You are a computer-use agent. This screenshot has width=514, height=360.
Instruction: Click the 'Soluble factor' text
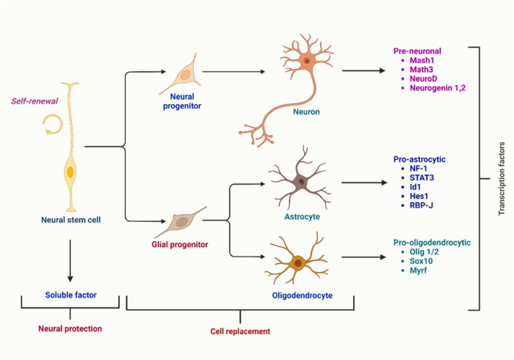click(x=70, y=294)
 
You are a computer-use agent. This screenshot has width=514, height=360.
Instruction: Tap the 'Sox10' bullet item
click(x=416, y=262)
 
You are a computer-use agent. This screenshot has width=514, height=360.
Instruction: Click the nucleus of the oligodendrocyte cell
click(x=298, y=264)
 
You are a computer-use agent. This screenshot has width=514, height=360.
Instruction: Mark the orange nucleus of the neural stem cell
click(x=70, y=172)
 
